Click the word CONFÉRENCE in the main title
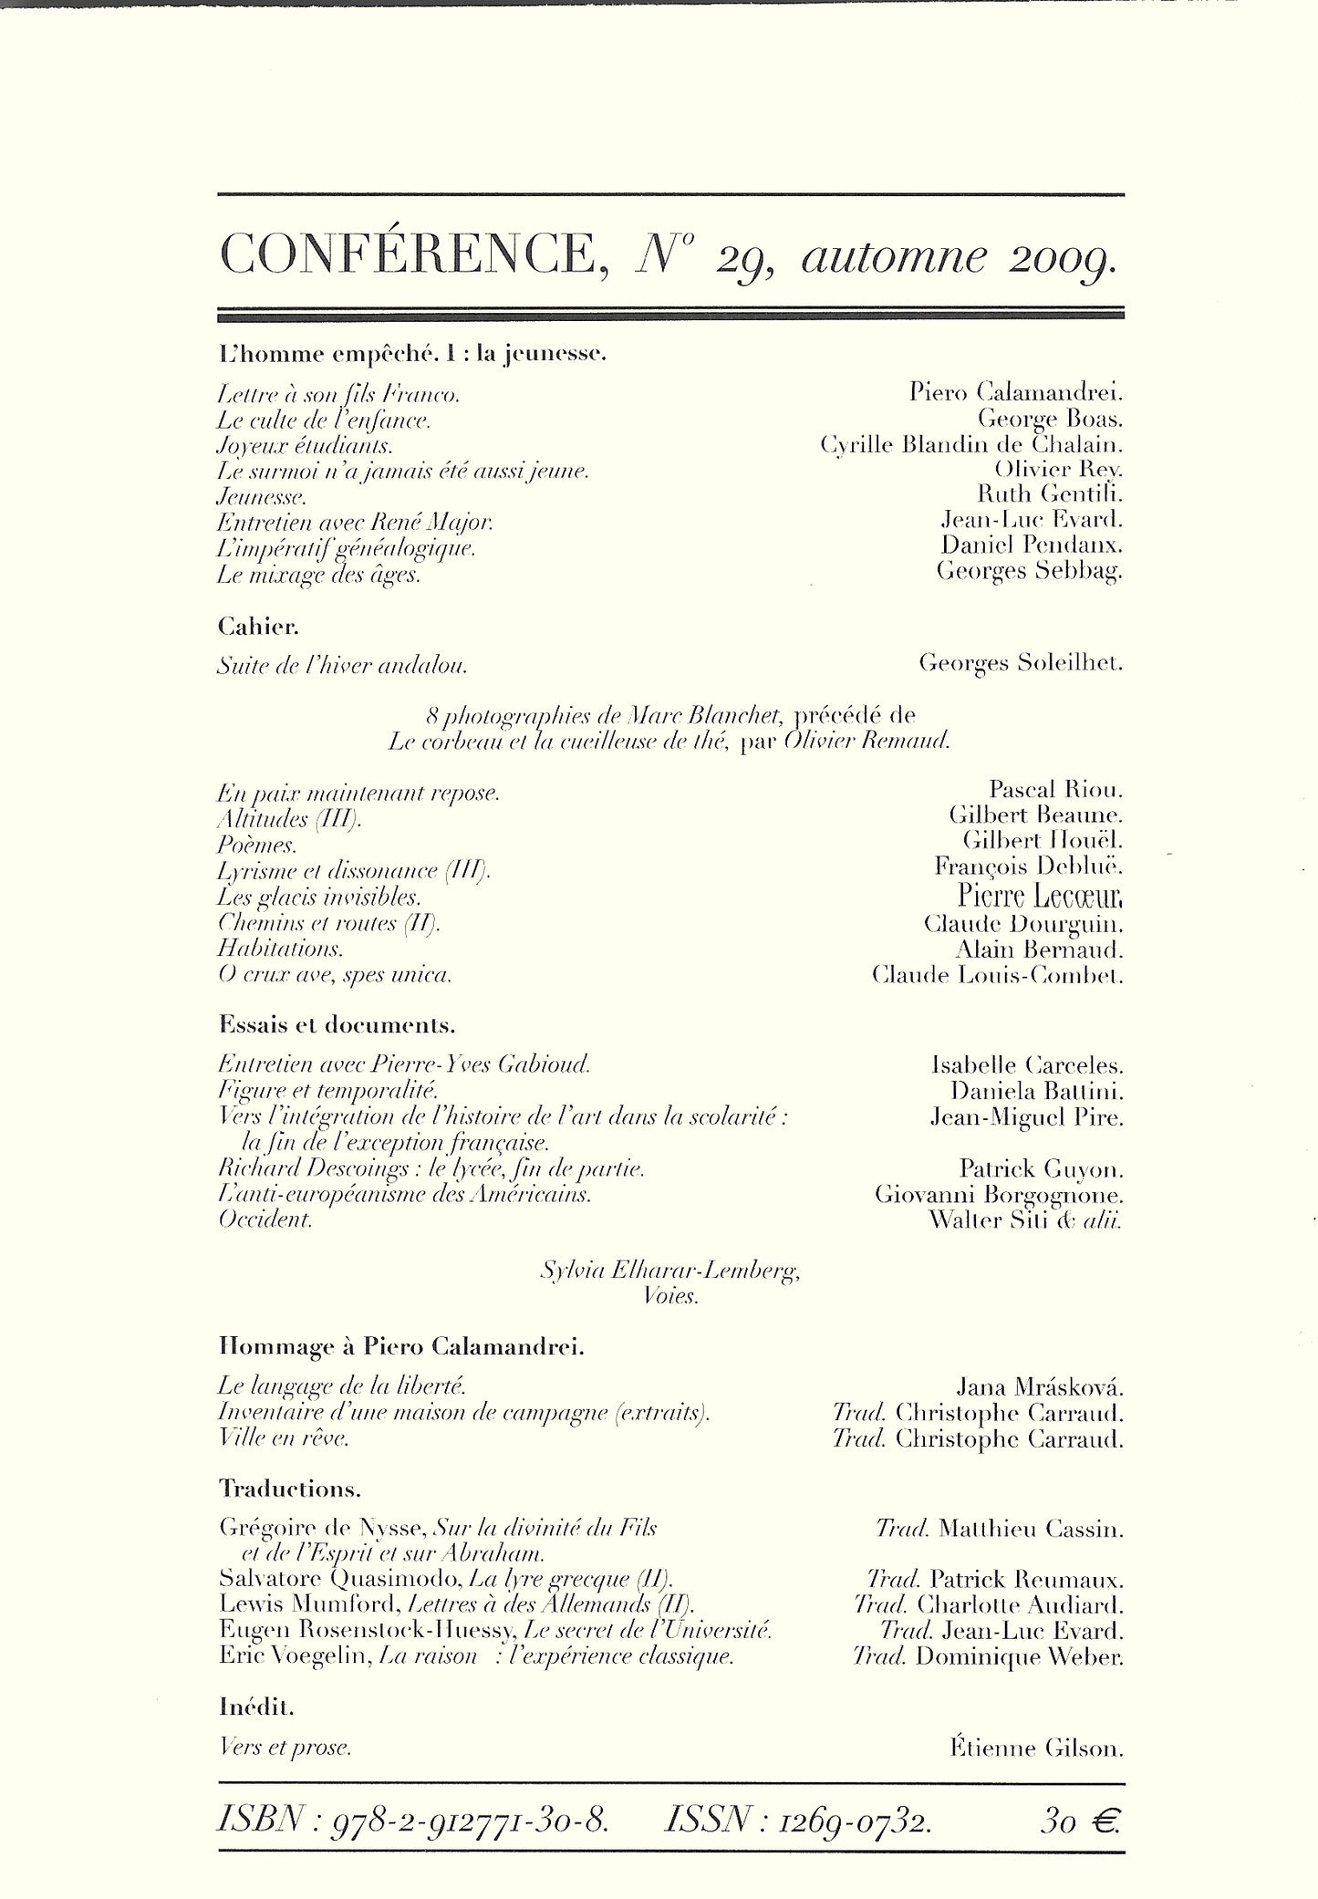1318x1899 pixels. [x=407, y=256]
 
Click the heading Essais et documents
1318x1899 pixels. [x=337, y=1024]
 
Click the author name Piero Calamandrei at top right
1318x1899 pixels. [x=1015, y=392]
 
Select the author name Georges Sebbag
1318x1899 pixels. [x=1029, y=571]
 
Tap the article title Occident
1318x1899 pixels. [x=265, y=1219]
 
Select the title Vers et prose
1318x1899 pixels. [x=285, y=1749]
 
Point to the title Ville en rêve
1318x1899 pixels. [x=284, y=1439]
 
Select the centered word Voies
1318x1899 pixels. [x=670, y=1295]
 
